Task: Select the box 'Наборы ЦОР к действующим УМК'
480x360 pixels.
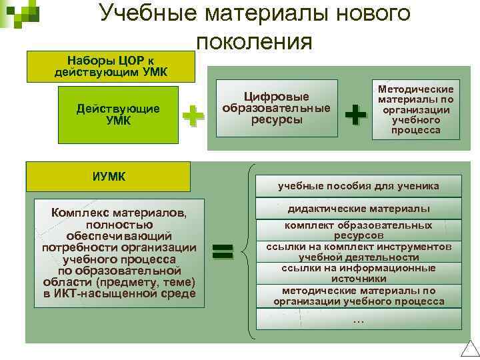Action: click(x=111, y=65)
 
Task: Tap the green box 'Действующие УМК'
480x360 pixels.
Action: click(x=118, y=114)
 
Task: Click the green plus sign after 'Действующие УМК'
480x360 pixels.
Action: click(x=193, y=115)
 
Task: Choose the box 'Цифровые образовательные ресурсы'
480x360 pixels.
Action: click(x=276, y=107)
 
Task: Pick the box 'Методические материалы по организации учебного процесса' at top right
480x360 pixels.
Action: click(x=415, y=109)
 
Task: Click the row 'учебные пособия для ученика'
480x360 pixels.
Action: click(x=358, y=186)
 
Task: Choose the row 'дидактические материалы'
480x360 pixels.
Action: click(x=358, y=209)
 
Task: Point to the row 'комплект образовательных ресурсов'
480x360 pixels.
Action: click(x=358, y=230)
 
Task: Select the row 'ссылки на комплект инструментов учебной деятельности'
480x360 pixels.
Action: click(x=358, y=251)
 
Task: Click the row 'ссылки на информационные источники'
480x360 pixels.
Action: click(x=358, y=273)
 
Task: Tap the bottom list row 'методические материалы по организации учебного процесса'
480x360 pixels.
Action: click(x=358, y=295)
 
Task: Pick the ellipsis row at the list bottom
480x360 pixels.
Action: click(x=358, y=320)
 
